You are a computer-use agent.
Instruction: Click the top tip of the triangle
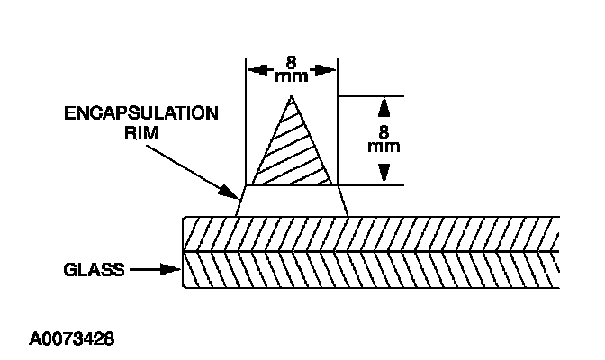[291, 95]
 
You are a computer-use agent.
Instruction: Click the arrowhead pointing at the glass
[174, 268]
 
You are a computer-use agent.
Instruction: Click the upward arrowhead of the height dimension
[384, 104]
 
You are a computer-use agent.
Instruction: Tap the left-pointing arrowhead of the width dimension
[255, 69]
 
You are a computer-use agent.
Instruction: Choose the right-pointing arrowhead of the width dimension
[330, 69]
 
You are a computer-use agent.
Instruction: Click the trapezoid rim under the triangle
[291, 201]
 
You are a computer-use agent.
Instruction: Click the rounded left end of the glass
[185, 252]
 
